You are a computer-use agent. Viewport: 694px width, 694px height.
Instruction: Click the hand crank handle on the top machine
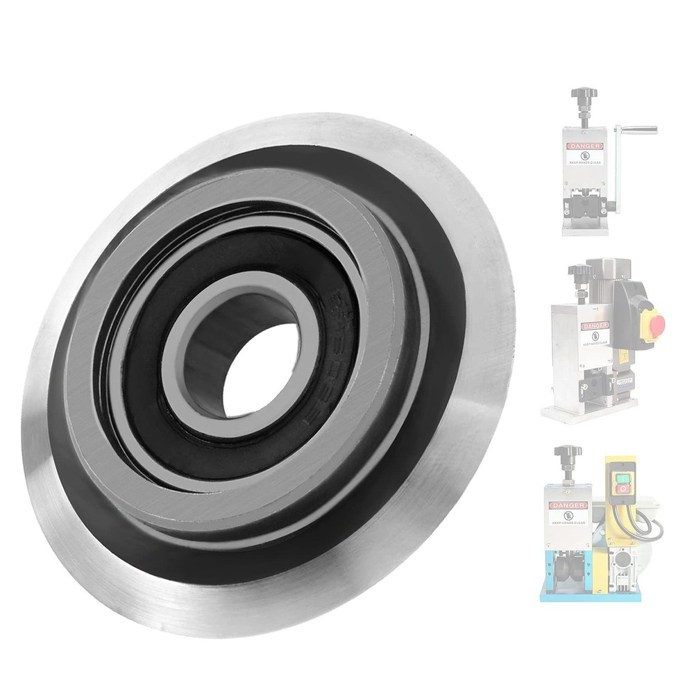click(638, 130)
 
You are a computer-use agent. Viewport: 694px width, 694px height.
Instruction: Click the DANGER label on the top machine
click(584, 146)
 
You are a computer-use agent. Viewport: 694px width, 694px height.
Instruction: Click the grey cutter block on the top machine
click(587, 206)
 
